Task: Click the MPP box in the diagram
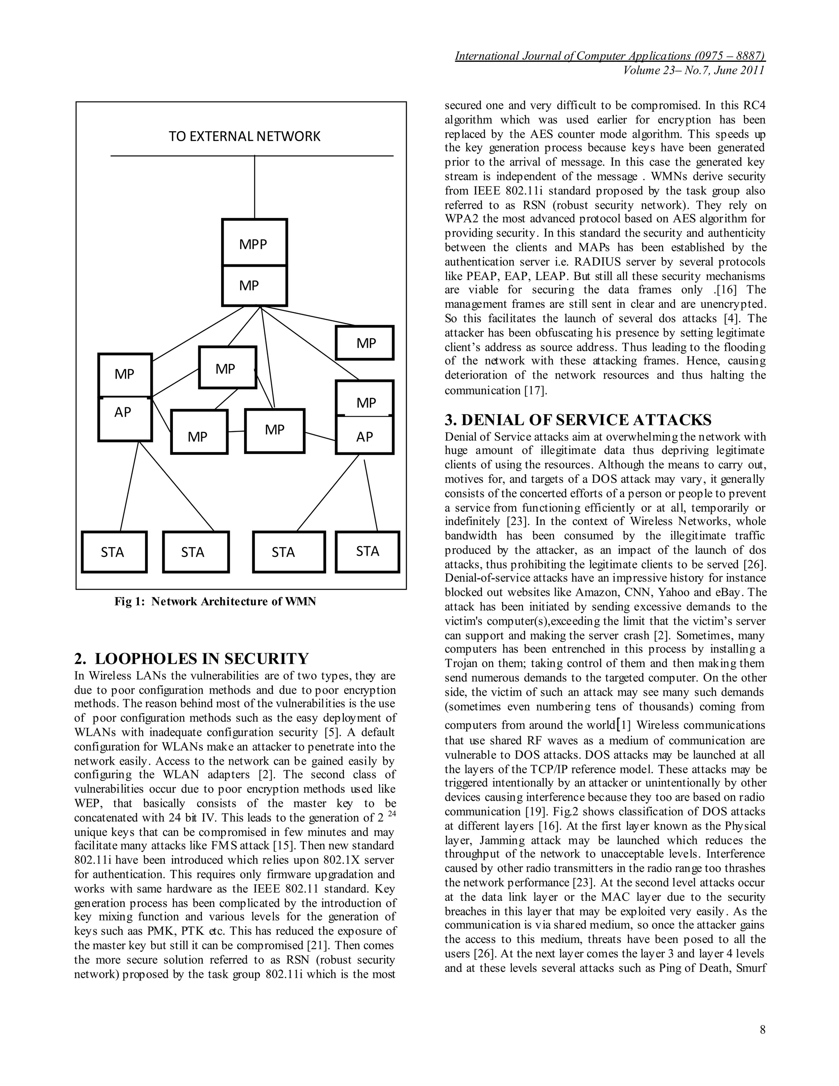pyautogui.click(x=254, y=243)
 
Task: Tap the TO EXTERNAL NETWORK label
pyautogui.click(x=244, y=136)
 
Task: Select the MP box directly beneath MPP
pyautogui.click(x=254, y=285)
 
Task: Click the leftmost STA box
pyautogui.click(x=114, y=552)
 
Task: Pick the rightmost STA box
pyautogui.click(x=367, y=552)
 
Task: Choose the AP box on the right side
pyautogui.click(x=364, y=435)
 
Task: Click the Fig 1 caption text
pyautogui.click(x=215, y=602)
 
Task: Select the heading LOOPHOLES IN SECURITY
pyautogui.click(x=191, y=659)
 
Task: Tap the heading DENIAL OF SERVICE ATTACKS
pyautogui.click(x=578, y=420)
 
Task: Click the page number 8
pyautogui.click(x=762, y=1030)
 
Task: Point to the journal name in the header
pyautogui.click(x=609, y=56)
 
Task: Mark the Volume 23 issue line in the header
pyautogui.click(x=694, y=70)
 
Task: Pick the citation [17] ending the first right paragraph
pyautogui.click(x=536, y=390)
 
